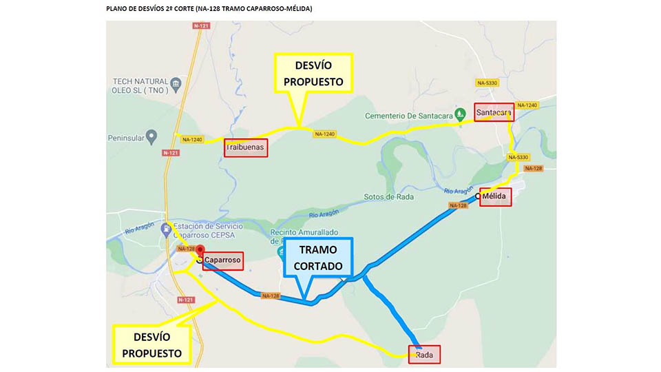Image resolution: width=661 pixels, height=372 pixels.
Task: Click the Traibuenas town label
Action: (x=246, y=147)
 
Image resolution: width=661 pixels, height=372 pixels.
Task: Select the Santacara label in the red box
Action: (x=494, y=112)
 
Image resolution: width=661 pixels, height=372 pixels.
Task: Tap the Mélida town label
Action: (x=496, y=197)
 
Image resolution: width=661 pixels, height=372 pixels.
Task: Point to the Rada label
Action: (x=425, y=355)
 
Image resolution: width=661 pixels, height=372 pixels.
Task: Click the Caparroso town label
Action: (x=223, y=260)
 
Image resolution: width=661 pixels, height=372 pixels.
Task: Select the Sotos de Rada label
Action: (x=388, y=197)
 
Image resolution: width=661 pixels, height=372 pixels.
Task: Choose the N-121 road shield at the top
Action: (x=201, y=26)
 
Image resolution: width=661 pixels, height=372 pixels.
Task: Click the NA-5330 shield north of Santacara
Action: (x=487, y=83)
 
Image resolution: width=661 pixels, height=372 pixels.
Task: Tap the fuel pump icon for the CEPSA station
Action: (x=165, y=228)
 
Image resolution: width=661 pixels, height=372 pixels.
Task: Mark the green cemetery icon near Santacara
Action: (x=461, y=116)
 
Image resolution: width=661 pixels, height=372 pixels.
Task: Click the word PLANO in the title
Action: (x=118, y=9)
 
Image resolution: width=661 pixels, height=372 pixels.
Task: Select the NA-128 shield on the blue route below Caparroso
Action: (x=271, y=296)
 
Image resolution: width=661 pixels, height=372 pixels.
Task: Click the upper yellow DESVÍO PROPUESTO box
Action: (x=313, y=73)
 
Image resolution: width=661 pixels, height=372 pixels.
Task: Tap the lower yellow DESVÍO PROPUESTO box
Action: (x=151, y=344)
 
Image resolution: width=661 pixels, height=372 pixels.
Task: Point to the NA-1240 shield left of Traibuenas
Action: (x=192, y=140)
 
